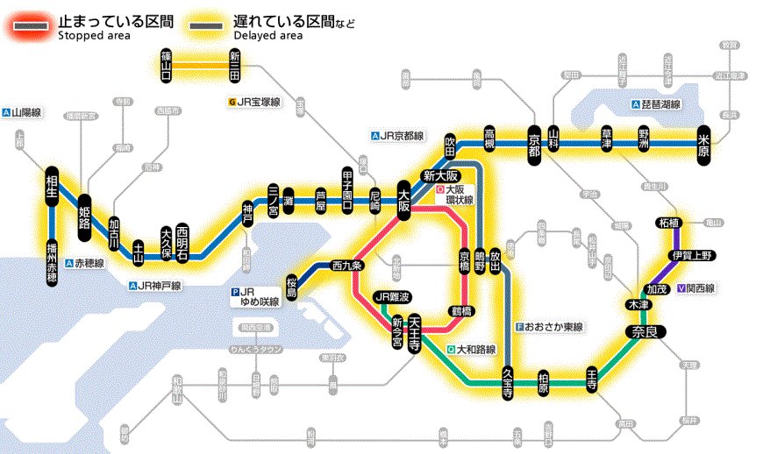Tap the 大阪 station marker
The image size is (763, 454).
[404, 199]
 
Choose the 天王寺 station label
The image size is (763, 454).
[415, 330]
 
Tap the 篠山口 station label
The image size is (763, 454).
[167, 66]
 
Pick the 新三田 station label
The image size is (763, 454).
[235, 66]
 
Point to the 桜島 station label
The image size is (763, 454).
[291, 286]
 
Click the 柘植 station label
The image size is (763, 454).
[669, 223]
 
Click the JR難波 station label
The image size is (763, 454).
[392, 297]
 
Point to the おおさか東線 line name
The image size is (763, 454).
[555, 327]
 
